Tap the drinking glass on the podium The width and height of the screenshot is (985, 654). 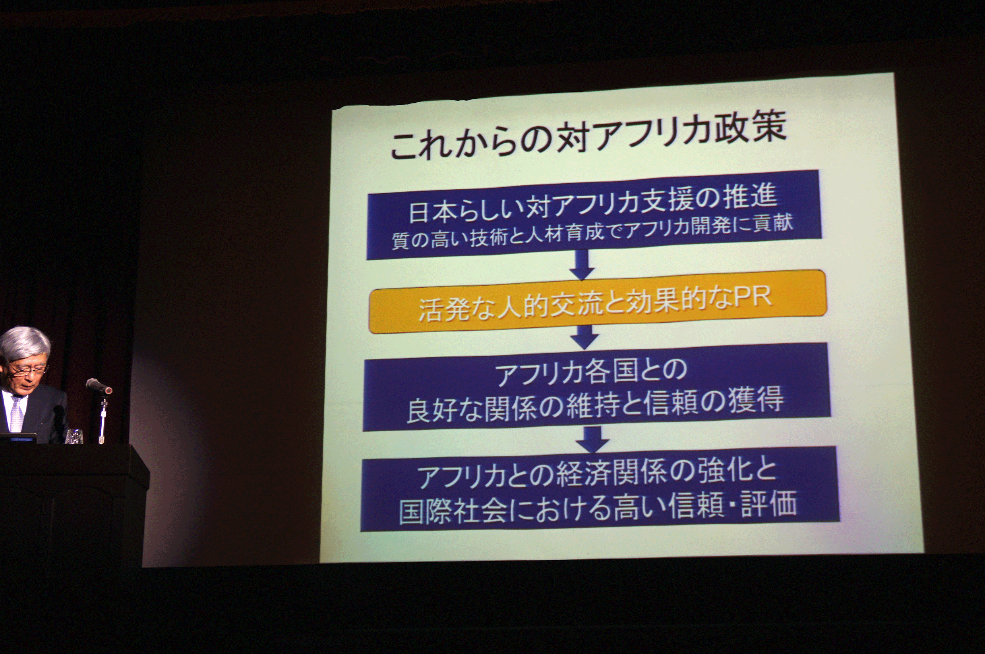pyautogui.click(x=74, y=436)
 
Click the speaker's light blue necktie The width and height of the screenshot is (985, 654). pyautogui.click(x=16, y=414)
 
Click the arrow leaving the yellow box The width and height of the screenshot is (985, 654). pyautogui.click(x=584, y=337)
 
